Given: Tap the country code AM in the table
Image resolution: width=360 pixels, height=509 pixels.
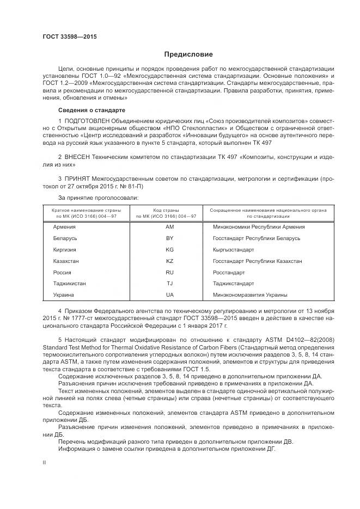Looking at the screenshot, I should [x=169, y=227].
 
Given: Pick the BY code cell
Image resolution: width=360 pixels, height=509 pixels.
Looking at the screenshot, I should [x=169, y=238].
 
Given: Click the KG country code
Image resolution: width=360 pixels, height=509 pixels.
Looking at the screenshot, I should [x=169, y=250].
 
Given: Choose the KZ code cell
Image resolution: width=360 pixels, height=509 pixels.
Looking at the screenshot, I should [x=169, y=261].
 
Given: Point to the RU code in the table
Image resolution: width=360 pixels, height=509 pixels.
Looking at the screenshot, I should [x=169, y=272].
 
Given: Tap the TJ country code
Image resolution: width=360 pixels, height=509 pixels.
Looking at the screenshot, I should [x=169, y=284].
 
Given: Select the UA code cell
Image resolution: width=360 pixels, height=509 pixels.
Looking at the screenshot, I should [x=169, y=295].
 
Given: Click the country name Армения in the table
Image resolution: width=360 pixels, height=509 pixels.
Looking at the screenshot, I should [x=64, y=227].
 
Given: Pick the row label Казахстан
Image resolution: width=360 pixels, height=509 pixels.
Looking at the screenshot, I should [x=66, y=261].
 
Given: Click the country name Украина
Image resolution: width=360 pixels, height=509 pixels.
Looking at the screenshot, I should [x=64, y=295].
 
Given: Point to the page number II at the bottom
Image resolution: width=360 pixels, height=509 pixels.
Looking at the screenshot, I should [x=45, y=462].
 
